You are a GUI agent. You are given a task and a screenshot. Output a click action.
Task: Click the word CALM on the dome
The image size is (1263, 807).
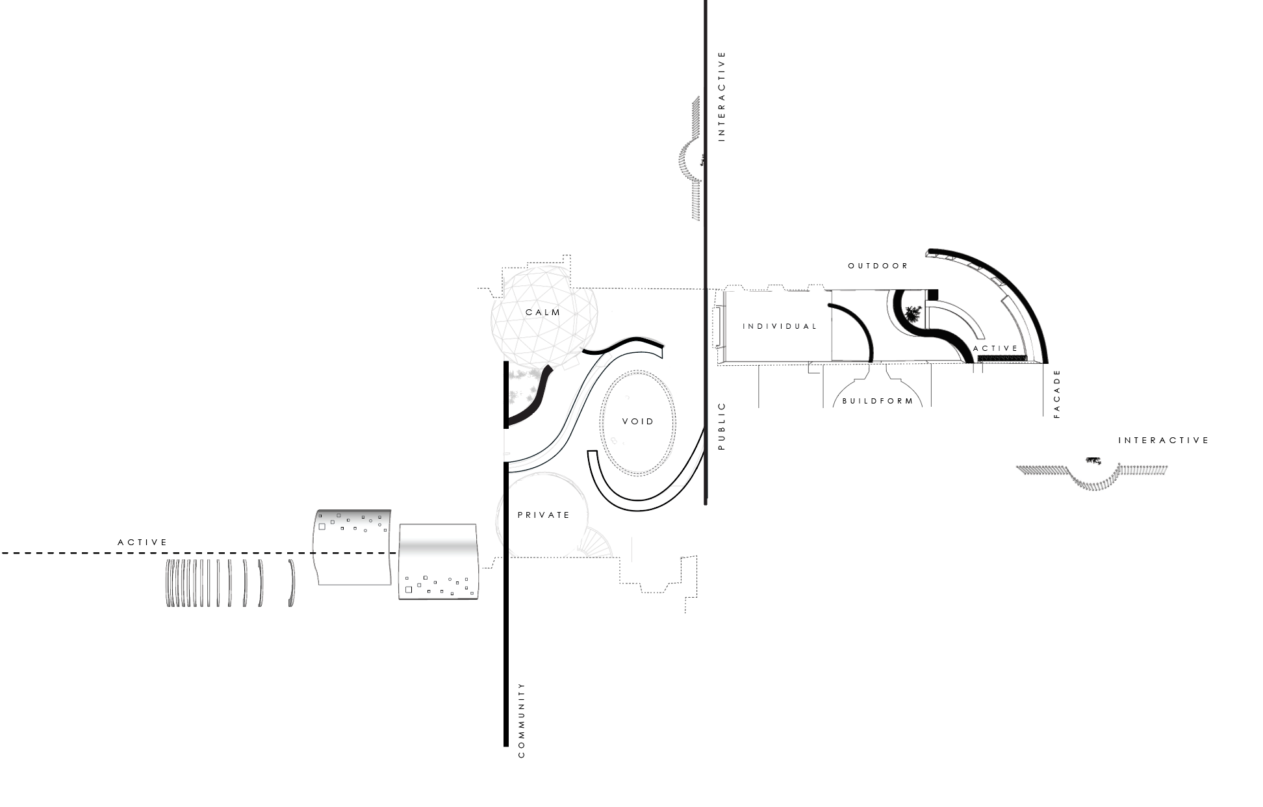click(x=542, y=313)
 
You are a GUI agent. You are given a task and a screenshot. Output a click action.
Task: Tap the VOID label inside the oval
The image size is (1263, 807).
click(x=638, y=422)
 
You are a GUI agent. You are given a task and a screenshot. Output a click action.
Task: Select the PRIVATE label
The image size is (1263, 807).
click(x=544, y=515)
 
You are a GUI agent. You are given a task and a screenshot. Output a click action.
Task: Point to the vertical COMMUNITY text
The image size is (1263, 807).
click(x=521, y=720)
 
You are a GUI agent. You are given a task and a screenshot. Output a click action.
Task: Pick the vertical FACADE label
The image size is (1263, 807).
click(x=1057, y=394)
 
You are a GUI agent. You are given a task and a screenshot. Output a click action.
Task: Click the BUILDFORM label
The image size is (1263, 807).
click(x=878, y=401)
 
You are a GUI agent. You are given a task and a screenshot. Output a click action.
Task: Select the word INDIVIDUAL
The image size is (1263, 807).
click(x=780, y=326)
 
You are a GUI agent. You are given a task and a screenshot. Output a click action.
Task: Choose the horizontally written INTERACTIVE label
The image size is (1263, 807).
click(x=1164, y=441)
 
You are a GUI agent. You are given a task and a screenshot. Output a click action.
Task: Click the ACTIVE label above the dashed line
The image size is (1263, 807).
click(x=142, y=543)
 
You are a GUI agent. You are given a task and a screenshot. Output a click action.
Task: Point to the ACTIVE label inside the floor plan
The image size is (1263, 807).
click(x=995, y=348)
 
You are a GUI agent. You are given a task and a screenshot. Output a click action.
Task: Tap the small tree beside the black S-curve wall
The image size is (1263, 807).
click(x=913, y=314)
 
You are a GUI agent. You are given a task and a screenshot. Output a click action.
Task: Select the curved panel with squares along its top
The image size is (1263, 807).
click(x=353, y=547)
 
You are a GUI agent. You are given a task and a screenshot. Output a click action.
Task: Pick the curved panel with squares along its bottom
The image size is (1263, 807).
click(x=439, y=562)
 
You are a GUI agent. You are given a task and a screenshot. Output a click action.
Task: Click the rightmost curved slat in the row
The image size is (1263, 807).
click(x=292, y=583)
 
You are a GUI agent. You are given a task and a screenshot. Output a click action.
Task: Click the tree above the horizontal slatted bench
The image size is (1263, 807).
click(x=1093, y=461)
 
